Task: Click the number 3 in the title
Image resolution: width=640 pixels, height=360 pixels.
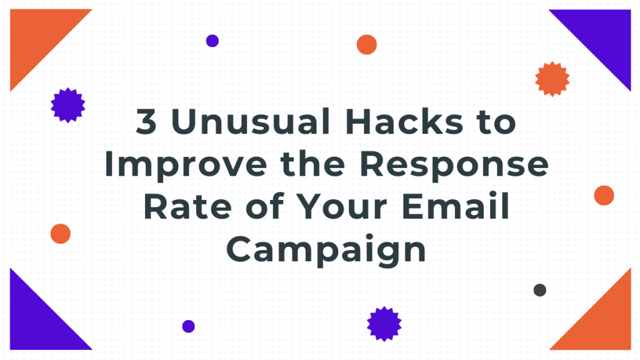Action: [146, 121]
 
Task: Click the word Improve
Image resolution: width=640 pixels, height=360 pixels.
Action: [186, 166]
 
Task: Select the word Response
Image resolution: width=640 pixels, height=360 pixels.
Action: [454, 166]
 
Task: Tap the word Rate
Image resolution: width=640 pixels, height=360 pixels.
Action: [187, 206]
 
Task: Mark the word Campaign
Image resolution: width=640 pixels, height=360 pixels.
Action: [326, 250]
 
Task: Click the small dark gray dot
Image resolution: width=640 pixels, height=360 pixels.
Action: [539, 290]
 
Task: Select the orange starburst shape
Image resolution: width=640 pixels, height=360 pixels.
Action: [552, 79]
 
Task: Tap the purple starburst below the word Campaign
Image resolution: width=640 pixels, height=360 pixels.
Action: [384, 324]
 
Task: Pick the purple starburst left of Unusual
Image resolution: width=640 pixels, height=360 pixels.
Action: [67, 105]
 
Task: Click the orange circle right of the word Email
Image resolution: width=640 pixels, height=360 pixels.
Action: [604, 196]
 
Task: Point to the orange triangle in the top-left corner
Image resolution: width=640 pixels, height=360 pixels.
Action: [37, 36]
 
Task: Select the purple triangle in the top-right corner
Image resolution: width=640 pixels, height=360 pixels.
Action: [604, 36]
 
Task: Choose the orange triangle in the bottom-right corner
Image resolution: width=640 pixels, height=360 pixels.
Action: [604, 322]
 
